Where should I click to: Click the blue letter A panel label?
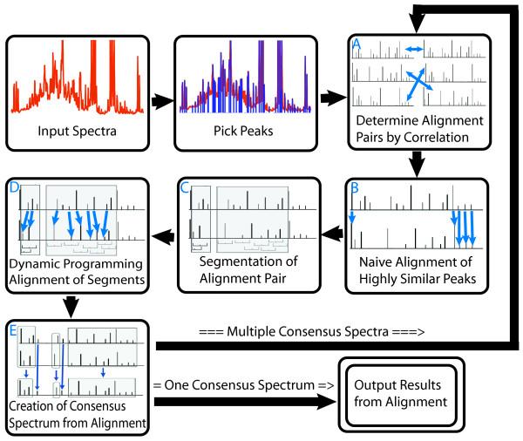357,44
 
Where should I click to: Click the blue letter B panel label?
355,188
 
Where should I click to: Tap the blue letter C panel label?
185,187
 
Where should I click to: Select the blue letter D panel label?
14,187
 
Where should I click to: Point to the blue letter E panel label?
13,330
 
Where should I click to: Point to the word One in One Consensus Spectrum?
177,385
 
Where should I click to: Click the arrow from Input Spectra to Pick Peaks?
162,101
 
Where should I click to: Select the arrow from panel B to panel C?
332,234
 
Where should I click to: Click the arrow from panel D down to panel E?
71,307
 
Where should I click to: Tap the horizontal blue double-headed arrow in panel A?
413,50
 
